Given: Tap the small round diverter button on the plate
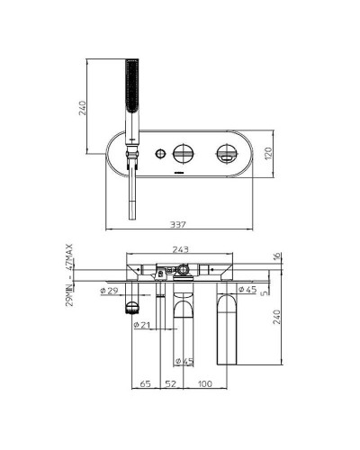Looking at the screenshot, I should click(x=159, y=151).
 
